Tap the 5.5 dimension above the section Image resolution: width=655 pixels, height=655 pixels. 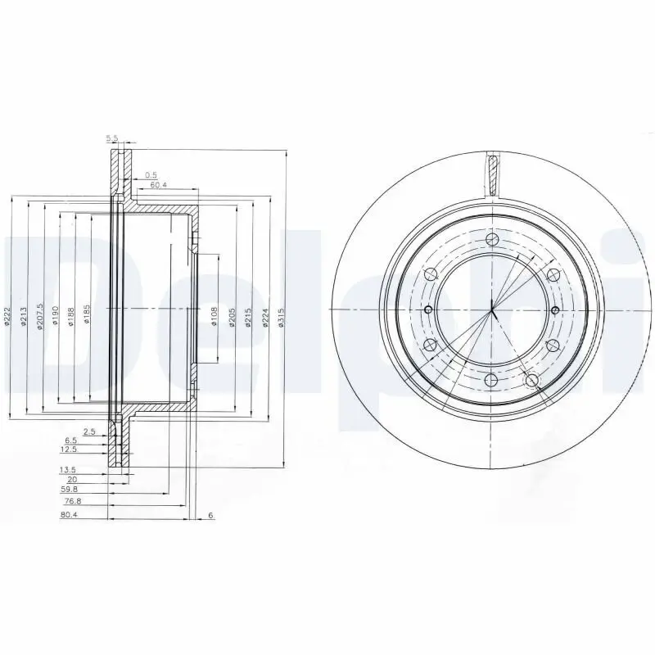(112, 137)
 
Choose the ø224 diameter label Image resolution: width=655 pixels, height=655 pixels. (264, 318)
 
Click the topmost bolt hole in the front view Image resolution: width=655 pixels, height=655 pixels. (492, 239)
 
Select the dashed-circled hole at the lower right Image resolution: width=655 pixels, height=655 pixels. (531, 380)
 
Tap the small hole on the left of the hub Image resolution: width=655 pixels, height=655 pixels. (428, 309)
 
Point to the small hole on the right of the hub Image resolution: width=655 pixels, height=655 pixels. (556, 309)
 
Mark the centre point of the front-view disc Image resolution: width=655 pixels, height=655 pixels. (492, 309)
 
